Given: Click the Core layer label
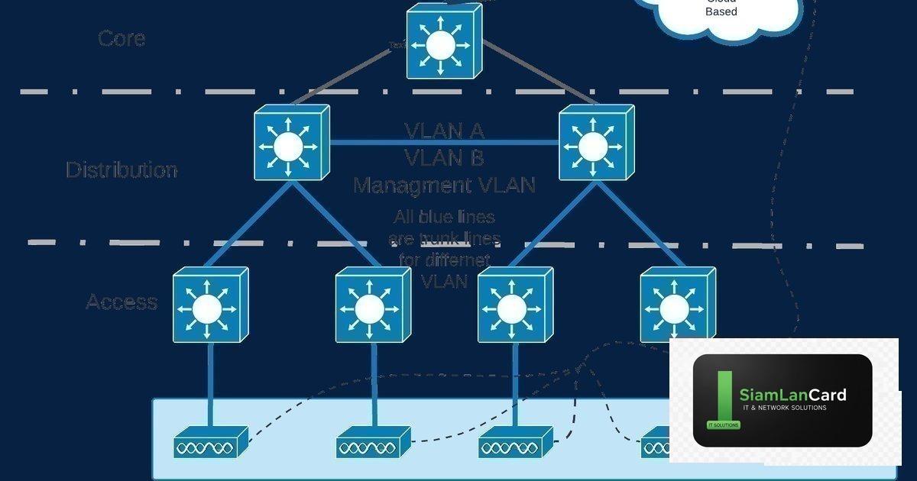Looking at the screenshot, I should [122, 38].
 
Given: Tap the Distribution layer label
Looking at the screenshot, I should [122, 169].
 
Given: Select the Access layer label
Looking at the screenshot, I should [122, 302].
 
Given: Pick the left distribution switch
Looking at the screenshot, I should [290, 144].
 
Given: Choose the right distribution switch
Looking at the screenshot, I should [596, 144].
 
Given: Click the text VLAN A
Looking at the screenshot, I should [444, 131].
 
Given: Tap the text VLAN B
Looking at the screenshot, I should [444, 158].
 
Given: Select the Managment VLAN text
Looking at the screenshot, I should [444, 185].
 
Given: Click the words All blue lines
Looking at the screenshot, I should [444, 218].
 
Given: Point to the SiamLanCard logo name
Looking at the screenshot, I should [792, 395].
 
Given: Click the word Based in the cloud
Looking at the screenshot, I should [721, 11].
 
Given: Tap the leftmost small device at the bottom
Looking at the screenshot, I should [210, 443].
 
